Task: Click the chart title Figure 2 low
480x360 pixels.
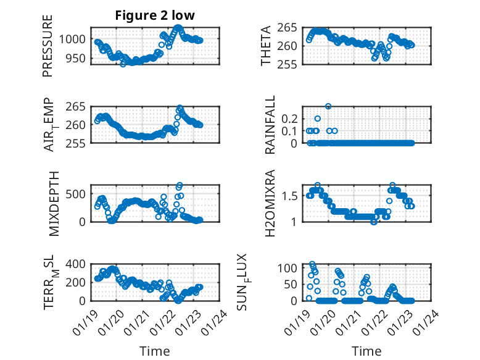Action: (x=155, y=17)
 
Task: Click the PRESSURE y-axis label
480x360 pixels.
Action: (x=48, y=46)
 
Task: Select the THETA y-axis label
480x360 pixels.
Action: (x=266, y=46)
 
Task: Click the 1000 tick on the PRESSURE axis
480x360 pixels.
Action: (x=75, y=39)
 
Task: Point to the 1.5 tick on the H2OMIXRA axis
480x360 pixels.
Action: (x=291, y=196)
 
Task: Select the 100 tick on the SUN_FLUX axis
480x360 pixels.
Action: (x=289, y=268)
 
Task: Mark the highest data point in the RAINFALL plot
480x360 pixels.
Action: (x=328, y=106)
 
